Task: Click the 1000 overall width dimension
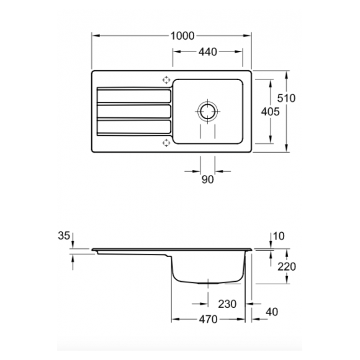(x=182, y=36)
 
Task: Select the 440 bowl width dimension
(x=207, y=52)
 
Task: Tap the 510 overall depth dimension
(x=286, y=98)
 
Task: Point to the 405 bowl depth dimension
(x=271, y=112)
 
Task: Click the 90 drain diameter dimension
(x=207, y=179)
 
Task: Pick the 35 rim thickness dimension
(x=64, y=236)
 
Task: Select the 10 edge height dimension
(x=279, y=236)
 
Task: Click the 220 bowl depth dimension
(x=287, y=267)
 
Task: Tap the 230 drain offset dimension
(x=227, y=304)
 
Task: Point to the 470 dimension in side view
(x=208, y=320)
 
